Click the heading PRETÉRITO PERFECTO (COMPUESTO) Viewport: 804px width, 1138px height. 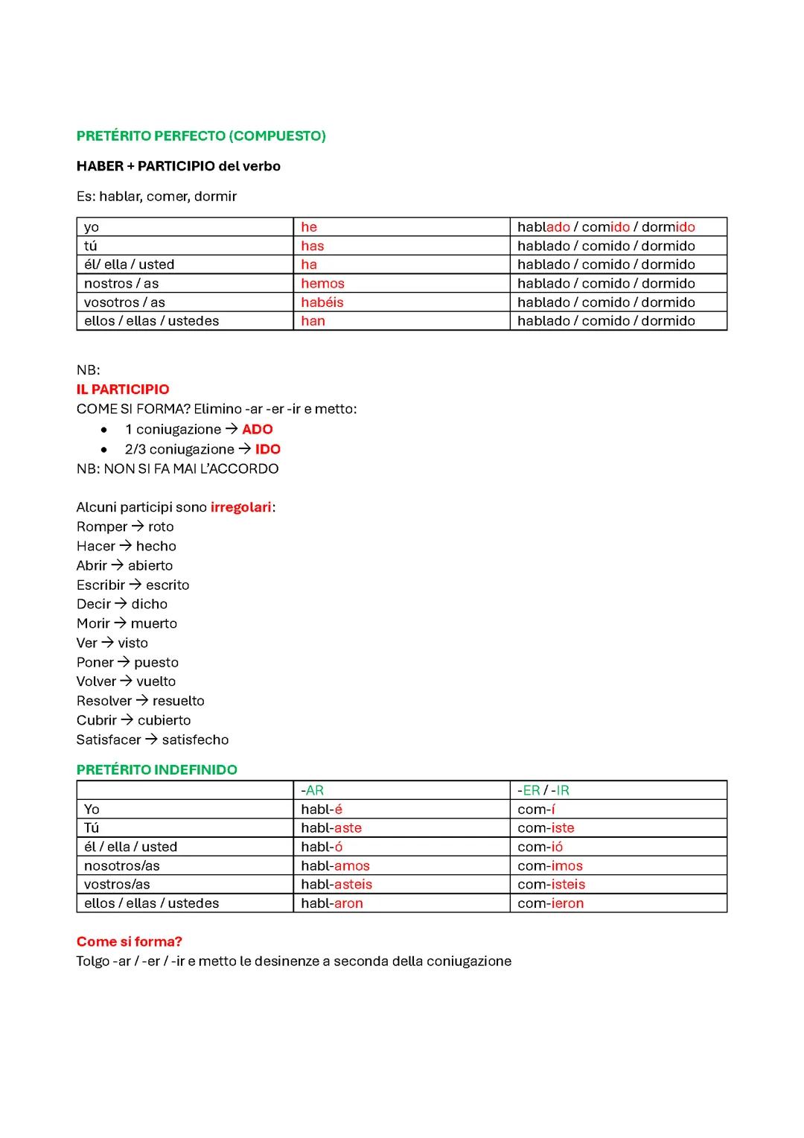201,136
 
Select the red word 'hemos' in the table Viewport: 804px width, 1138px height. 322,284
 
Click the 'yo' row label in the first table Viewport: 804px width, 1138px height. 92,227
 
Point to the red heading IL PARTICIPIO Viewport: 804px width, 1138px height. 123,390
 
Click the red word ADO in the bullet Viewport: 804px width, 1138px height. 258,430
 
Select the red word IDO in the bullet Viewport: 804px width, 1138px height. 268,449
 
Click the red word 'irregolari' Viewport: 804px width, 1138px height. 241,507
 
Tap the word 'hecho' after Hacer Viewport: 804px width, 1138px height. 156,546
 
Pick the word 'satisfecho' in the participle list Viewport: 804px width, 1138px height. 195,740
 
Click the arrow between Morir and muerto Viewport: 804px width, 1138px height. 121,623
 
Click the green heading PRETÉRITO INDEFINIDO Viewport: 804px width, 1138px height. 157,769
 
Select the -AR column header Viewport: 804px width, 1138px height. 313,790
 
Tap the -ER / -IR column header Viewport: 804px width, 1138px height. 543,790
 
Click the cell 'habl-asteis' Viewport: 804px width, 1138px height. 336,885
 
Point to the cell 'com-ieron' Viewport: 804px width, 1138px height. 551,903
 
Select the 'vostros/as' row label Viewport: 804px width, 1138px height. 117,885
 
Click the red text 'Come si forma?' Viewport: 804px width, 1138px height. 130,941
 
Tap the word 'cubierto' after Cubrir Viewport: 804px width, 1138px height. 164,720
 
